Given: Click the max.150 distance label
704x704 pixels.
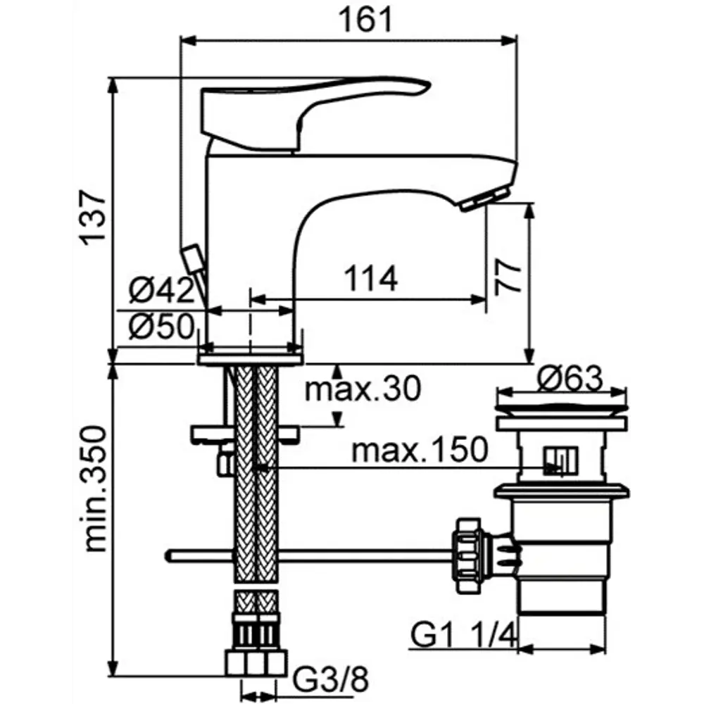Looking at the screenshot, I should tap(420, 450).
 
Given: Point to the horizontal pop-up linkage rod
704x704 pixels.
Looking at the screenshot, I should tap(310, 556).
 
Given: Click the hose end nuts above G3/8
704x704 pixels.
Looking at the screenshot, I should tap(256, 662).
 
